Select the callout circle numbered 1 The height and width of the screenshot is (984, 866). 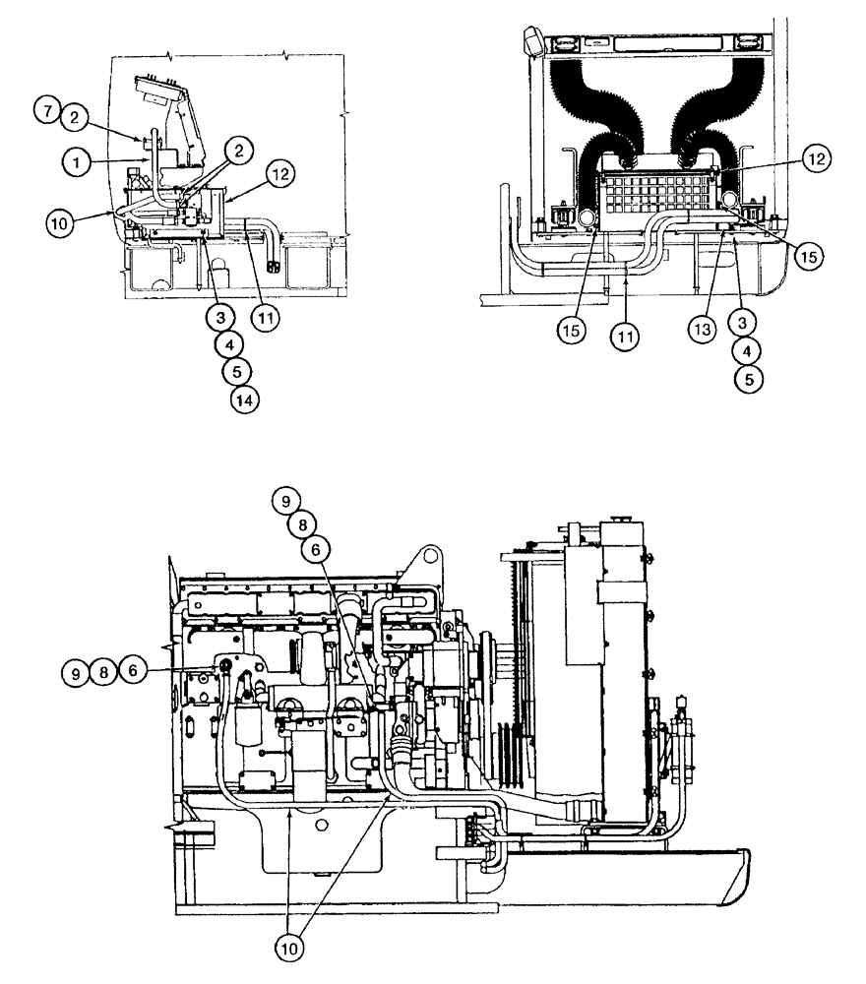pyautogui.click(x=75, y=157)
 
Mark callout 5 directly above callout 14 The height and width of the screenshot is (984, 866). pyautogui.click(x=237, y=371)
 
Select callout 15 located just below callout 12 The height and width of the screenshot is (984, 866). pyautogui.click(x=807, y=256)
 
